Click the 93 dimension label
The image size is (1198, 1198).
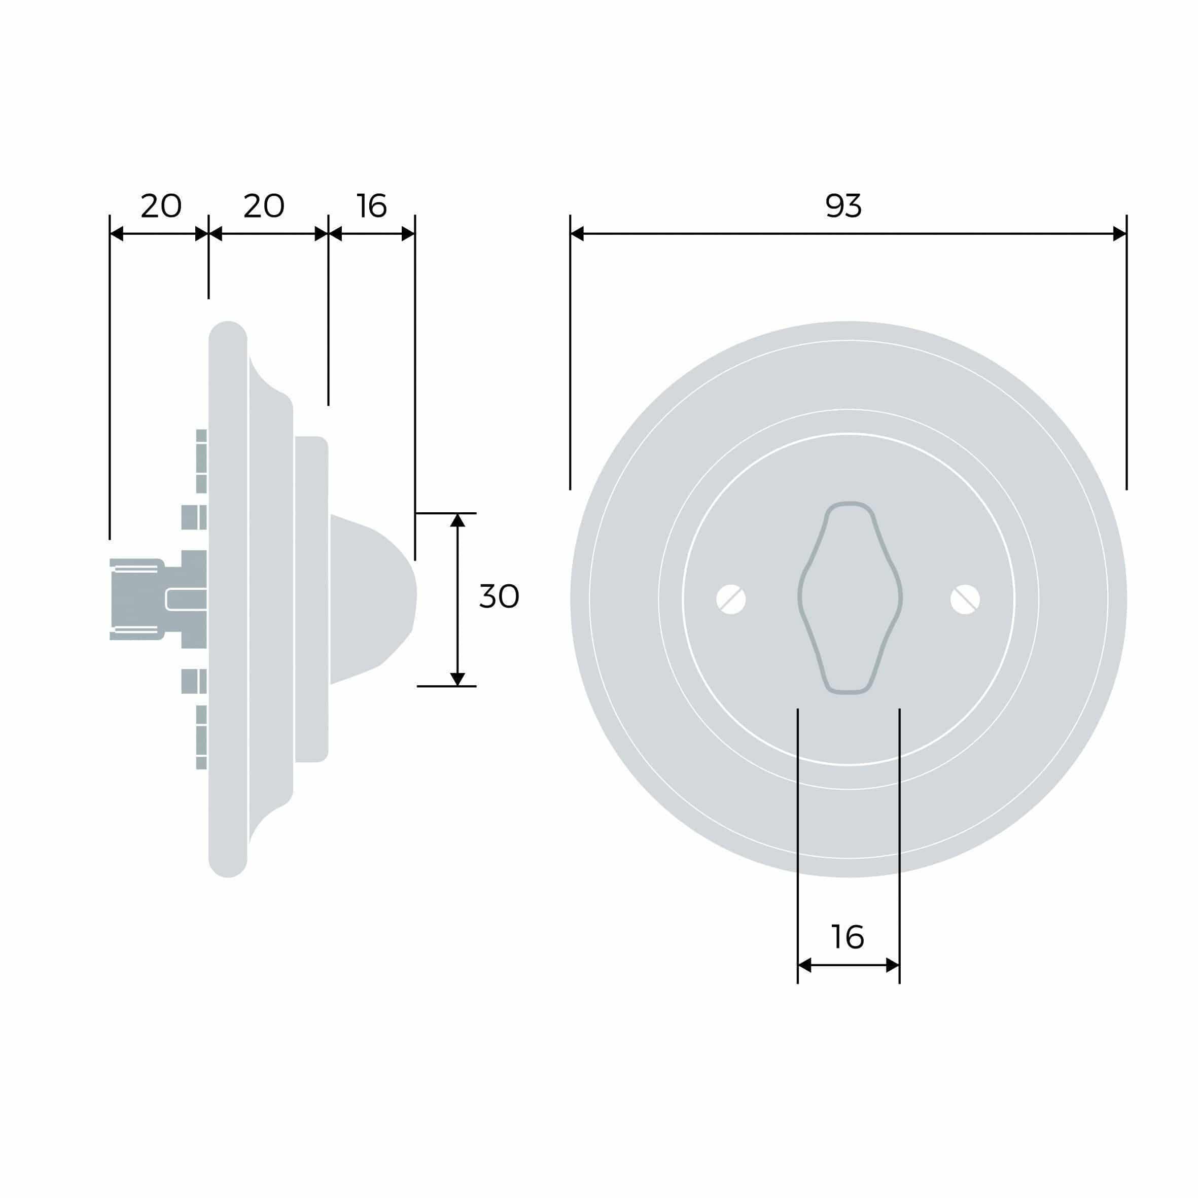point(843,206)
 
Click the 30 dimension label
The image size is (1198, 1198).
point(499,596)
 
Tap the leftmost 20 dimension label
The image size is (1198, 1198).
point(161,206)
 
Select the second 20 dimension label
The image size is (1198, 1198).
point(264,206)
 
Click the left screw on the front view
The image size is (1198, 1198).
point(731,599)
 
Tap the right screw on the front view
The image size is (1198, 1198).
point(965,599)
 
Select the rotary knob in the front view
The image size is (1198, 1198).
point(850,598)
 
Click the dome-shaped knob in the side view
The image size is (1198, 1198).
point(372,599)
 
